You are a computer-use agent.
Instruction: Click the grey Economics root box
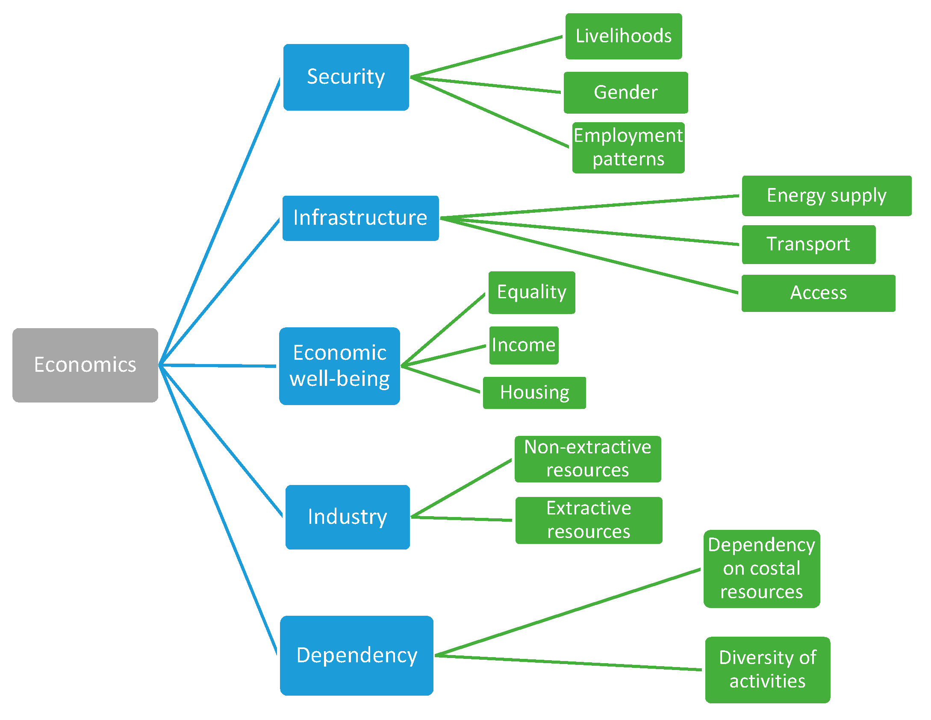85,365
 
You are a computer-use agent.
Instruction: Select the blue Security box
346,77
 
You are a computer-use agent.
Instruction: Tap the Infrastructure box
360,218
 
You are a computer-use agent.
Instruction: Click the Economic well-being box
339,366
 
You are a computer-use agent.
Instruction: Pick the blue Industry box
348,517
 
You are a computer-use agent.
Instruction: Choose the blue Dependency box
356,655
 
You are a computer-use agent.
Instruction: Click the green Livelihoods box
623,36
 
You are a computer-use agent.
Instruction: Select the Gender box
625,92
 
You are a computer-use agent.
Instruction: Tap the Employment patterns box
628,147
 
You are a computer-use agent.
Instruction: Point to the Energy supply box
826,196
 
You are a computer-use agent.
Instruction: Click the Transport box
808,244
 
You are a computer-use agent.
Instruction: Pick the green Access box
818,293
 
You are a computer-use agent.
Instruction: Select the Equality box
531,292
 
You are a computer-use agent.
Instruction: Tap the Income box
524,345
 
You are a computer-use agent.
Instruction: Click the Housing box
534,393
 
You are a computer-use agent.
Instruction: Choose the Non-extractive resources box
587,459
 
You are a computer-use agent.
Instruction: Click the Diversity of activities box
767,670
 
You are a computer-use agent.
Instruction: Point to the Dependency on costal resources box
761,569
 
